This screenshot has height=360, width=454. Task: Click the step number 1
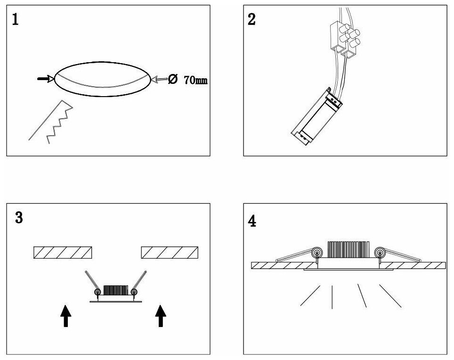click(x=16, y=20)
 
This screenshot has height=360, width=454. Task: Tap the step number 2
click(x=252, y=20)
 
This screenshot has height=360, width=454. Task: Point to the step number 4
click(x=253, y=221)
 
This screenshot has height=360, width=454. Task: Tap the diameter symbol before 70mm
click(x=172, y=80)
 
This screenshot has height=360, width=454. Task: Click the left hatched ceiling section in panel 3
click(x=63, y=253)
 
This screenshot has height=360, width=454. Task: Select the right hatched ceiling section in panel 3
click(x=170, y=253)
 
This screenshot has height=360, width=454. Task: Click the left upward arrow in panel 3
click(x=66, y=315)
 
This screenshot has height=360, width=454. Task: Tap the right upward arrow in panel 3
click(x=161, y=315)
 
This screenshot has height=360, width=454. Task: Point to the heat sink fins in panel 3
click(x=116, y=290)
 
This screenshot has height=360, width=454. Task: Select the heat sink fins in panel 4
click(x=348, y=250)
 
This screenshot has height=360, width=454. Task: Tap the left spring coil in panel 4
click(x=317, y=253)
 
